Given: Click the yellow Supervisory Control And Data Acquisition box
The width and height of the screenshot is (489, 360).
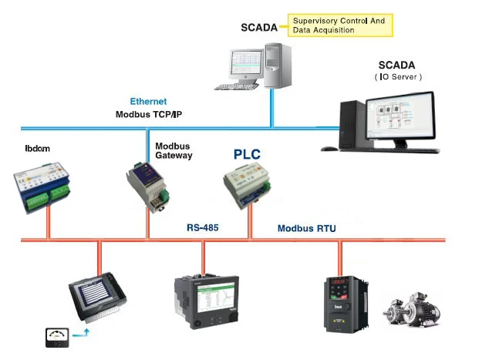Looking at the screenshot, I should [339, 25].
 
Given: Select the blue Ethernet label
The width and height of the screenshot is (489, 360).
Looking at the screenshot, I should [148, 102].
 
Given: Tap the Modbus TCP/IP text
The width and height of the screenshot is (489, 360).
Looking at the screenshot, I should [148, 114].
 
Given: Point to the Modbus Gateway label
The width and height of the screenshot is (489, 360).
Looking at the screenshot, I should [174, 150].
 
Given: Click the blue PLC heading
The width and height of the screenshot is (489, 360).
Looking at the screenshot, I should [248, 154].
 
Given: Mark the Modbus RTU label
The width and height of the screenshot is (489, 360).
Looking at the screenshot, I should [306, 228].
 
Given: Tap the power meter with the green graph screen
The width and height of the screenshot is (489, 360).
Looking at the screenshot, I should [203, 302].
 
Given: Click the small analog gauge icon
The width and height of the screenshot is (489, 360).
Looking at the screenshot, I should [56, 336].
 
